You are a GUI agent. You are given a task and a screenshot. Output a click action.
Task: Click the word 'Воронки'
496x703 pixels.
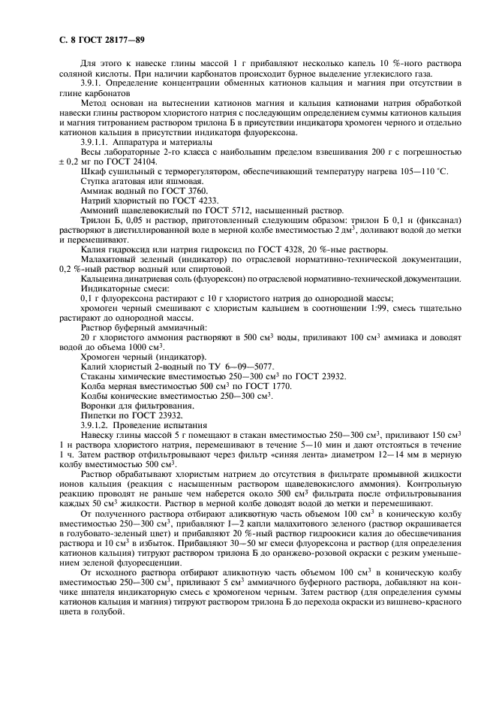tap(98, 406)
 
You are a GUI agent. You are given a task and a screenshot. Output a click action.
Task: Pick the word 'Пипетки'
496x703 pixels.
tap(98, 415)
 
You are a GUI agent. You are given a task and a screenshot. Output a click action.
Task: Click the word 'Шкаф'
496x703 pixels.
tap(92, 171)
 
